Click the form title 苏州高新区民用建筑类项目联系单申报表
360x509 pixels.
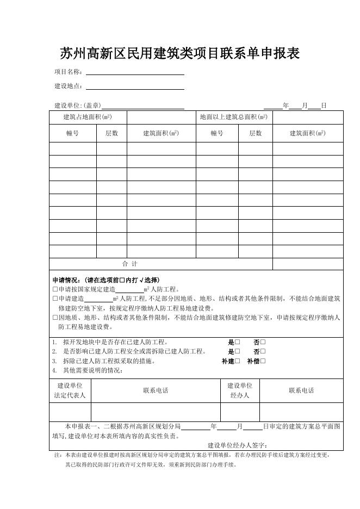click(x=179, y=53)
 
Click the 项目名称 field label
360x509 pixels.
click(x=69, y=72)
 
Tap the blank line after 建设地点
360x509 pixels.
click(x=135, y=86)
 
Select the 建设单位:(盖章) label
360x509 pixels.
click(x=77, y=105)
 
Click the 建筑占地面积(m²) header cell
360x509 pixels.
click(x=88, y=117)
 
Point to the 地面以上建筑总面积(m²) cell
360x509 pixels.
click(x=233, y=117)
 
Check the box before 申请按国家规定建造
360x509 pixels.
click(x=55, y=289)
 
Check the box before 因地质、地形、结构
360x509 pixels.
click(x=55, y=318)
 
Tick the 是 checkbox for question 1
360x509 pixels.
click(x=238, y=343)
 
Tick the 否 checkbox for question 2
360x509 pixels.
click(x=263, y=352)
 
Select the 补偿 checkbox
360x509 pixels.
click(x=263, y=361)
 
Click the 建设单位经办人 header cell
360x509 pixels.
click(x=240, y=390)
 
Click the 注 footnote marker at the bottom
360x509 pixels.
click(x=58, y=455)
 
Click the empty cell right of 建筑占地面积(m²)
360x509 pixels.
click(x=160, y=117)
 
